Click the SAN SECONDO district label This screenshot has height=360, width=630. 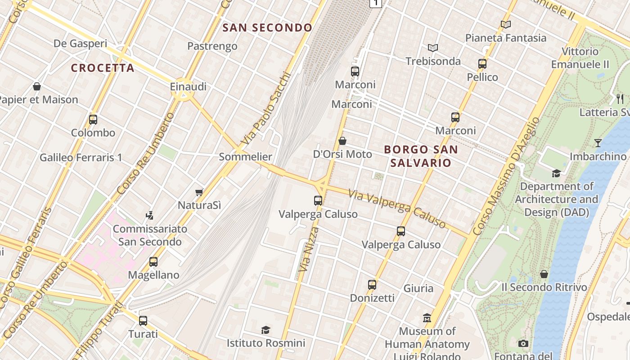267,28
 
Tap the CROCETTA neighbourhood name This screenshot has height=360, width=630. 103,68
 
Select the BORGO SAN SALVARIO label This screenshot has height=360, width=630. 421,156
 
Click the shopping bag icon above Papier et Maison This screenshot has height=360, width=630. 37,86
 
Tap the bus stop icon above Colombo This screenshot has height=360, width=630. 93,120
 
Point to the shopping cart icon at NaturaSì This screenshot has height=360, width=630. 199,193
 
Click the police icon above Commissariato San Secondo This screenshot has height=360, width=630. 150,216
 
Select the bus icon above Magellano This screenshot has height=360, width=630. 153,262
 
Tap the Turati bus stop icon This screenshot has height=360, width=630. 143,321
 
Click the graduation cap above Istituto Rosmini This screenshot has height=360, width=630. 265,330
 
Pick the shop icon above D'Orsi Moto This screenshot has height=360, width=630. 342,141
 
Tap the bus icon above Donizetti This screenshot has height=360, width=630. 372,285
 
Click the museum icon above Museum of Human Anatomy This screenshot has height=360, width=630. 427,318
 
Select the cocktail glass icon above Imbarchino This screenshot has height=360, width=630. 598,143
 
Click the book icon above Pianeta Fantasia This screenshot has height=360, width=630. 506,25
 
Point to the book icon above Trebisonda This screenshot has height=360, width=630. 433,48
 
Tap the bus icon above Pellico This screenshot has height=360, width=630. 482,64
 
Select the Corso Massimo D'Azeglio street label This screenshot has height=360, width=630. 507,175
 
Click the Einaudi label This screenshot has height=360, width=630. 188,86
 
